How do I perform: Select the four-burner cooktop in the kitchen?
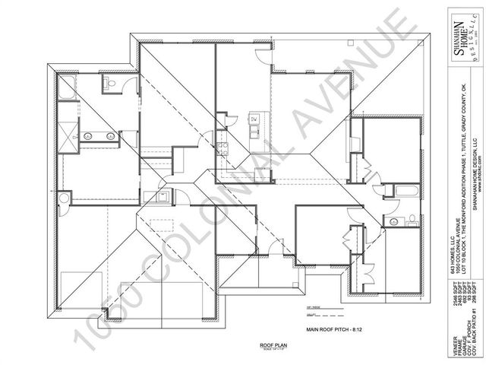[222, 144]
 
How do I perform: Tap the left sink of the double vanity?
[87, 136]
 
